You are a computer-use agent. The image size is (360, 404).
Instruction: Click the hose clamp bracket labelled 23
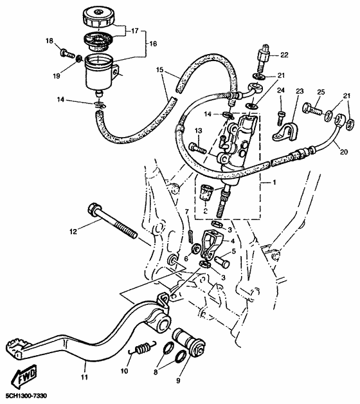tap(281, 131)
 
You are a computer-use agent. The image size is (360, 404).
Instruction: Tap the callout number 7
tap(187, 212)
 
